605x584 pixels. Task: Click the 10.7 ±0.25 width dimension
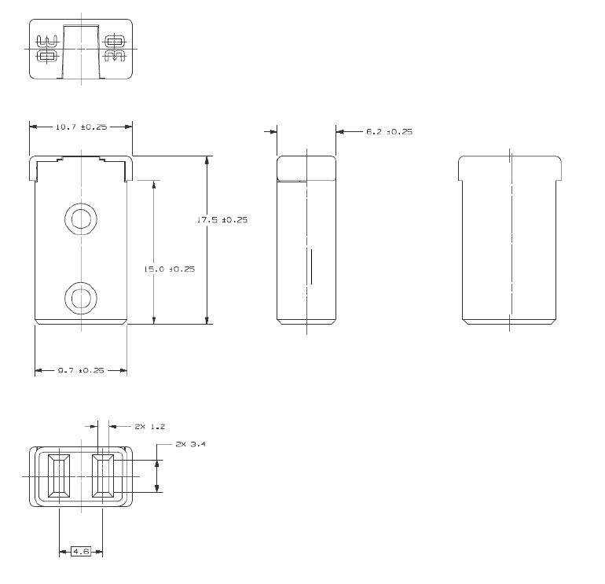point(81,127)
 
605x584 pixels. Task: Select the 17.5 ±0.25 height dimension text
point(222,220)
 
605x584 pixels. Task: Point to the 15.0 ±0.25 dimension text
point(170,269)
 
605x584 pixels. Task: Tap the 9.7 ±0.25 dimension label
point(81,370)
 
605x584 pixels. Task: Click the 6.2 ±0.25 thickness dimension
point(389,131)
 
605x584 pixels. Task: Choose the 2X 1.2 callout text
point(150,427)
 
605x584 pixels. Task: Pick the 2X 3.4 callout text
point(191,444)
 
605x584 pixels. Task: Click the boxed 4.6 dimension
point(81,552)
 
